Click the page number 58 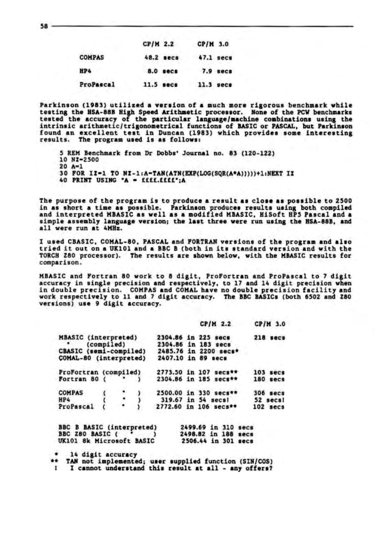coord(45,26)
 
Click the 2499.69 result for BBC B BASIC coord(194,427)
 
